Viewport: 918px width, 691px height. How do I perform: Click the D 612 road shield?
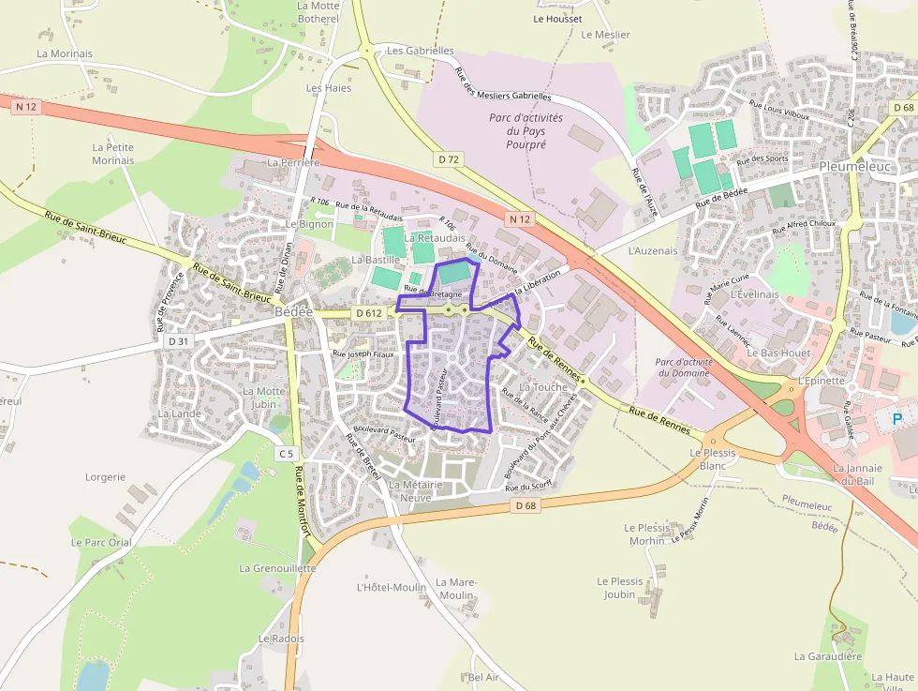pos(368,313)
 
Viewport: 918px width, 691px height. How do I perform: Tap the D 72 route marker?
pos(449,159)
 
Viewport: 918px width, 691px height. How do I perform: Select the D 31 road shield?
pos(178,341)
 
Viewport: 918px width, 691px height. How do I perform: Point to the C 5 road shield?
pos(286,454)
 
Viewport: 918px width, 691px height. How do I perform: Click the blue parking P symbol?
pos(896,419)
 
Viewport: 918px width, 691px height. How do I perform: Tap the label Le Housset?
pos(557,19)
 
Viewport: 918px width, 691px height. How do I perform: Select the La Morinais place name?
pos(65,53)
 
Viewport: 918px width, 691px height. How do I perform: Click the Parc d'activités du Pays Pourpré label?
pos(526,131)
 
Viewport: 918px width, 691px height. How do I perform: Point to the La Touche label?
pos(543,387)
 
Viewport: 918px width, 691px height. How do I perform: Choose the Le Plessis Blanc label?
pos(713,458)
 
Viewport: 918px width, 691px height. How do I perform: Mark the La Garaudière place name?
pos(827,656)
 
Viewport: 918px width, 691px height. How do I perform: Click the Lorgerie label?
pos(105,476)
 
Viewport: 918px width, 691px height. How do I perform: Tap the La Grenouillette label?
pos(277,568)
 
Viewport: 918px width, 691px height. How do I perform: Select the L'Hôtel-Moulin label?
pos(392,588)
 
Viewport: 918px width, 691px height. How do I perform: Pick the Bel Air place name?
pos(483,677)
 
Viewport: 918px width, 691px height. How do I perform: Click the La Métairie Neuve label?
pos(410,490)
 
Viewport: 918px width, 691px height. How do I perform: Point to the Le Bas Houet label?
pos(784,353)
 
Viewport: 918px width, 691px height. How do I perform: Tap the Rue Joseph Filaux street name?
pos(363,354)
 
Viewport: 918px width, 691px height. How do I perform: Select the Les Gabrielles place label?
pos(421,51)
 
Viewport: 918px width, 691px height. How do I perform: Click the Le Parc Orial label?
pos(101,542)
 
